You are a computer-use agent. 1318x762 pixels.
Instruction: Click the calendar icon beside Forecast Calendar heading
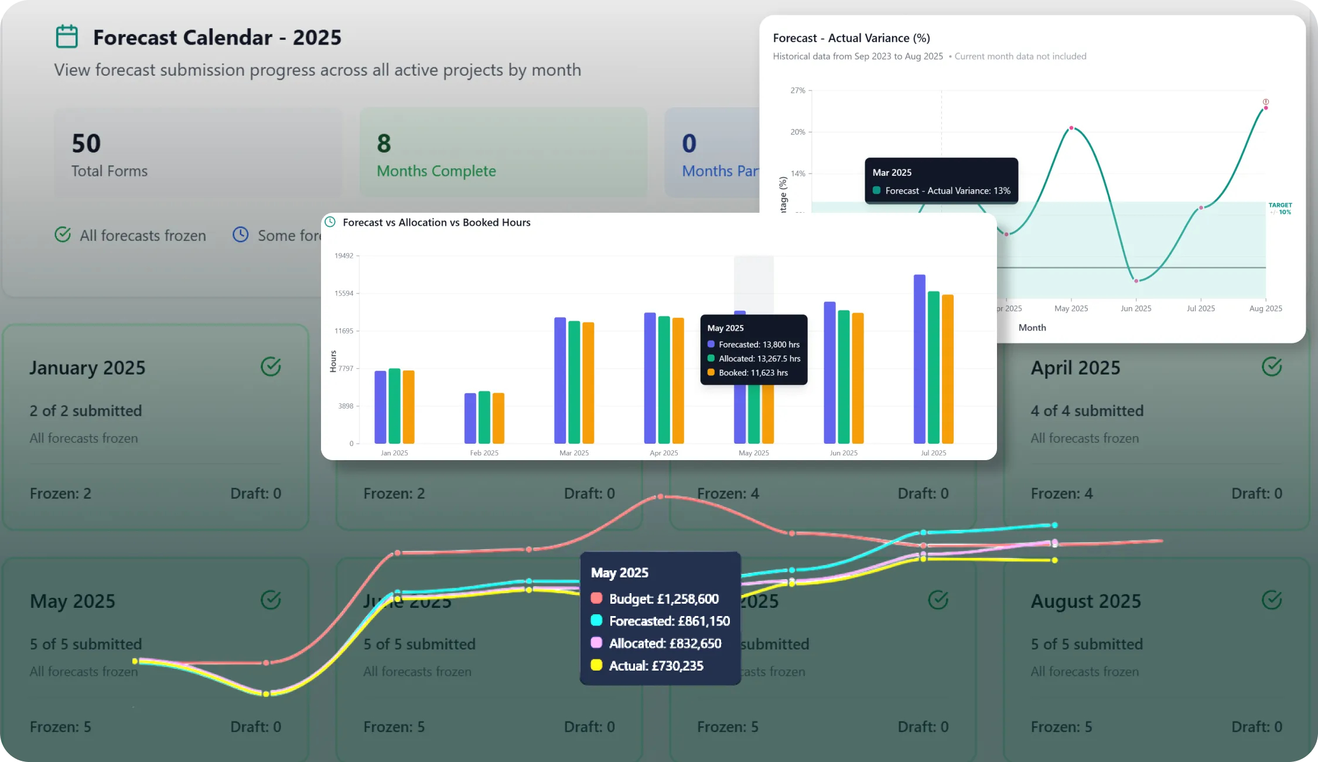67,36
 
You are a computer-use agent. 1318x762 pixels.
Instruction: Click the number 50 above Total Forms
86,144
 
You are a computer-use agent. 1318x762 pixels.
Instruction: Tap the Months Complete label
436,171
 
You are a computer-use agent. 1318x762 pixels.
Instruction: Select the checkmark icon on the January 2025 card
271,367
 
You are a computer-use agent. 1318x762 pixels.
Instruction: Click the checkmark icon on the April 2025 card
1272,367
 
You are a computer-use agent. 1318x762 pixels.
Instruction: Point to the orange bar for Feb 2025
498,418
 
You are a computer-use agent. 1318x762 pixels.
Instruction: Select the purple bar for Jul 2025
920,359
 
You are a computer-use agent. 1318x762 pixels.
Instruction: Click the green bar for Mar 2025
574,382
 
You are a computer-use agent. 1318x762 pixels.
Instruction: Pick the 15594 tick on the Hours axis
344,293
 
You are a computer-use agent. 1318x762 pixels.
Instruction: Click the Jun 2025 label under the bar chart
844,453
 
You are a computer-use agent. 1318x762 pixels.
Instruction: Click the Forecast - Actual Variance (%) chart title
851,38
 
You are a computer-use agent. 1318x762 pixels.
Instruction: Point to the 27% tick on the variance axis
798,90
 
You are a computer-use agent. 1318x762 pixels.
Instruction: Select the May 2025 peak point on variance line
1071,128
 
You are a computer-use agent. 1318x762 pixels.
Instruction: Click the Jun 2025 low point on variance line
1136,281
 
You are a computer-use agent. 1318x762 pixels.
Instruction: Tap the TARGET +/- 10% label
1280,209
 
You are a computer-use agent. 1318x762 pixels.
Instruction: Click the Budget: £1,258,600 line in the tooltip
663,599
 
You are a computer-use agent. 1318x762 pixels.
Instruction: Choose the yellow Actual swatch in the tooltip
596,665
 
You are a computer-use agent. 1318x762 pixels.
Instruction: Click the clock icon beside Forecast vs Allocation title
330,222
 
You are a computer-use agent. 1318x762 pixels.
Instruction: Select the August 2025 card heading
1086,601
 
